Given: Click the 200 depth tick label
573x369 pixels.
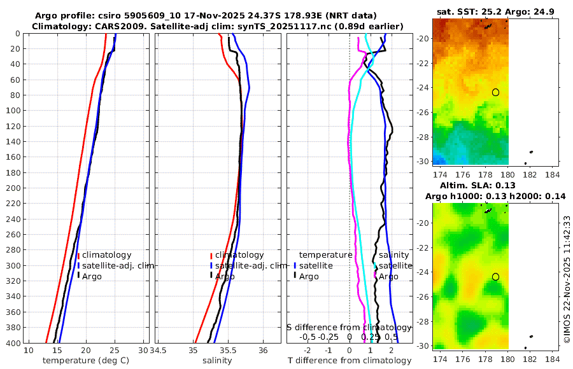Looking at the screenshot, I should tap(12, 188).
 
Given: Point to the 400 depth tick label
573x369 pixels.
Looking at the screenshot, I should tap(12, 343).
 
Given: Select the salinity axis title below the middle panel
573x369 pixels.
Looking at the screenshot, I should tap(217, 361).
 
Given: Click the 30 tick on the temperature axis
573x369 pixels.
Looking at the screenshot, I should tap(143, 351).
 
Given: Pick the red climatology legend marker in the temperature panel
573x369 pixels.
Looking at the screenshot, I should tap(78, 255).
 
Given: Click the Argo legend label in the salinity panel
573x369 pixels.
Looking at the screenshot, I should tap(225, 277).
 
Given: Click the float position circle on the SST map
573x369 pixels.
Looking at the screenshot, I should tap(495, 92).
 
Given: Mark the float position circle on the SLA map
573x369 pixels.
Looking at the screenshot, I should tap(495, 277).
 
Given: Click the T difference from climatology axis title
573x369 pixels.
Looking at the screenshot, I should tap(349, 361).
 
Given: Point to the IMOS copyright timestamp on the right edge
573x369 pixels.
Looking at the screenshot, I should tap(567, 279).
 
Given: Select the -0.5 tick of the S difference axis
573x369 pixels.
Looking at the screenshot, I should tap(308, 337).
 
